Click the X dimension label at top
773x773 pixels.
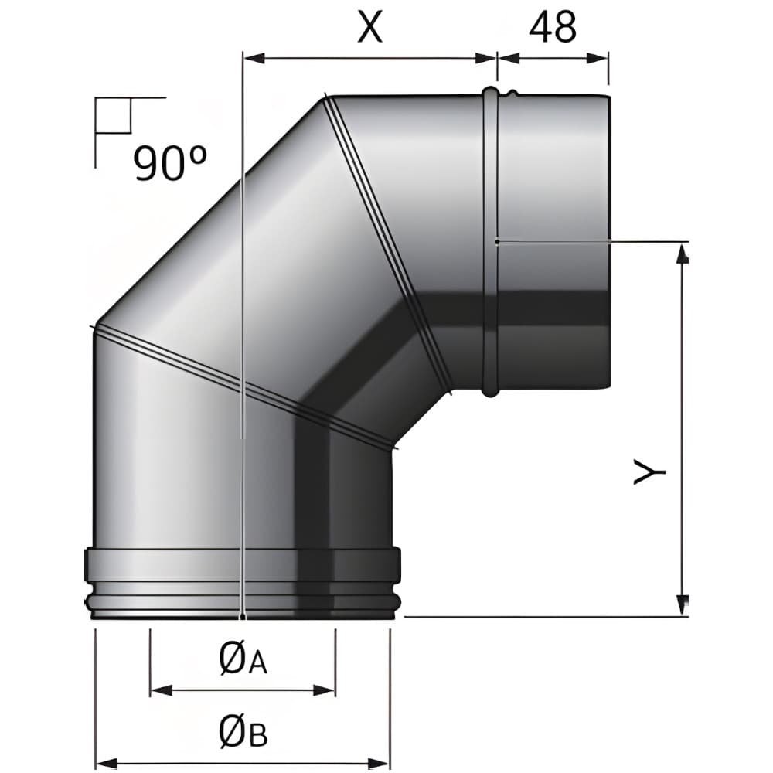(370, 28)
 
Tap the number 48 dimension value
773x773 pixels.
(552, 28)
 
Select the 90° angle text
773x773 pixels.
(170, 162)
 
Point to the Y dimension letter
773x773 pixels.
(649, 472)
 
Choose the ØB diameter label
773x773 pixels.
(243, 734)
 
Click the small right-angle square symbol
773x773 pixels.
(114, 115)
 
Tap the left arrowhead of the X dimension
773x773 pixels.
(254, 58)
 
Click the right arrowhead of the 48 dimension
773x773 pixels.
(598, 58)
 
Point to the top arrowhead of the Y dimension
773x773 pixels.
(683, 254)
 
